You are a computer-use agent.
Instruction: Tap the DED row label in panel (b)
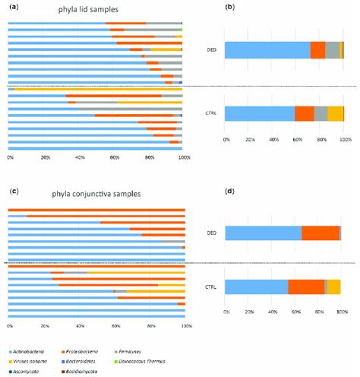[x=213, y=50]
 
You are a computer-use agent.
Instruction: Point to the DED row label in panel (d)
[x=213, y=233]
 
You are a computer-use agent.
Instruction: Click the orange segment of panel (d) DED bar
[x=320, y=233]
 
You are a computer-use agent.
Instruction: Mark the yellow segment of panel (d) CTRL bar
[x=334, y=286]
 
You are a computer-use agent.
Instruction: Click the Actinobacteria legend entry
[x=39, y=353]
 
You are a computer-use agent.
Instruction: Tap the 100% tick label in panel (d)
[x=342, y=312]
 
